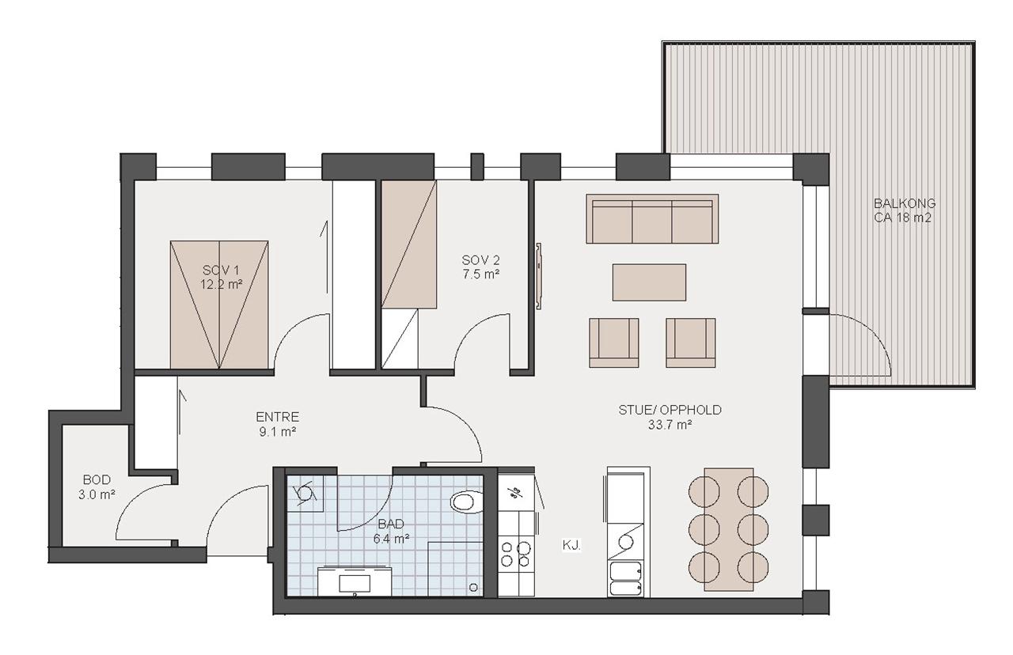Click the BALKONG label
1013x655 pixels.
pos(905,203)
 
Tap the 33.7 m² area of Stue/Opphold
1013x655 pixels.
pos(670,425)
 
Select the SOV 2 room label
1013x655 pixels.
pos(480,260)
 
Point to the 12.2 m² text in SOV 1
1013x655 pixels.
pos(221,285)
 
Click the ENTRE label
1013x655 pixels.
pos(277,416)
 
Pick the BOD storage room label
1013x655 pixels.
pos(97,479)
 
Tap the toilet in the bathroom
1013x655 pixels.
pos(467,502)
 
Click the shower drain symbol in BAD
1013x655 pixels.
pos(473,588)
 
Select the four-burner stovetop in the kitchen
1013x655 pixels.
pos(515,554)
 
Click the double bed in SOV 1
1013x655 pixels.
pos(219,305)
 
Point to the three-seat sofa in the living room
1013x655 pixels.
pos(652,219)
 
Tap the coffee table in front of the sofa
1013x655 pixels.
pos(649,282)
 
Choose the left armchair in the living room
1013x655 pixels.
pos(613,343)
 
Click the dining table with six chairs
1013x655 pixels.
pos(729,530)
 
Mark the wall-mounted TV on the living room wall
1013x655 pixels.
pos(539,276)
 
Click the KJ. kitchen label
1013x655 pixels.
pos(571,545)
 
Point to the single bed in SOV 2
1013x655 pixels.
pos(409,244)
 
